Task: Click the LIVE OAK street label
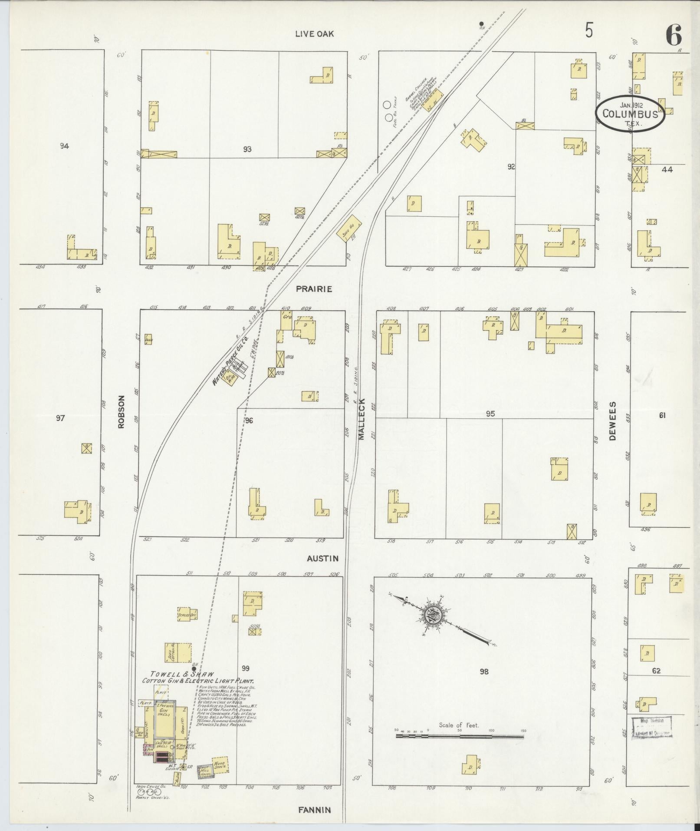(x=314, y=34)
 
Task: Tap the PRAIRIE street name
(x=314, y=289)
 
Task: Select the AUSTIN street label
(x=322, y=559)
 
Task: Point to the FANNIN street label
(x=315, y=810)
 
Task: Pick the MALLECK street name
(x=362, y=420)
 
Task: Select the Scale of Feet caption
(x=459, y=725)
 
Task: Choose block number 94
(x=64, y=146)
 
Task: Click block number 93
(x=247, y=149)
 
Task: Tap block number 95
(x=490, y=414)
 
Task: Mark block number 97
(x=60, y=418)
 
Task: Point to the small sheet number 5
(x=589, y=31)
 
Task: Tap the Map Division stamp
(x=651, y=727)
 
